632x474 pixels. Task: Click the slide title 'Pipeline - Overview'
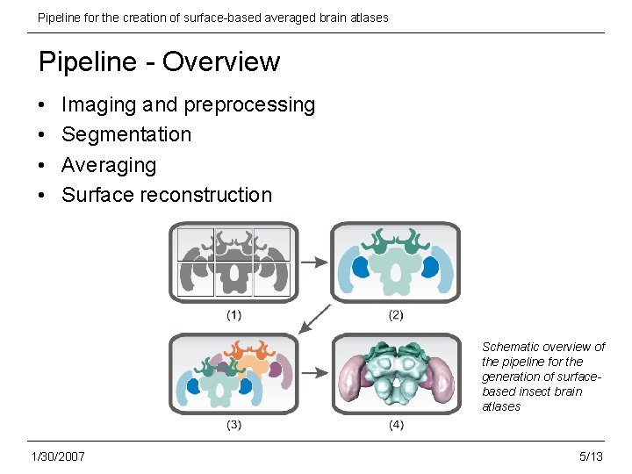coord(159,62)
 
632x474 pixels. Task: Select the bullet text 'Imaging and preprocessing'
coord(188,105)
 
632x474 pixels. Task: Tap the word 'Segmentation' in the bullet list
coord(126,134)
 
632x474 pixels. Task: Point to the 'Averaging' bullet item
coord(109,165)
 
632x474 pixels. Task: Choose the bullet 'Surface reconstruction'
coord(167,195)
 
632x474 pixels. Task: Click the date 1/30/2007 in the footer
coord(58,456)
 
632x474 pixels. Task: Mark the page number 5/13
coord(591,456)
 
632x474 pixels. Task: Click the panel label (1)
coord(234,314)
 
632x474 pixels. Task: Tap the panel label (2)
coord(395,314)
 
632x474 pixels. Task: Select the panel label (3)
coord(234,425)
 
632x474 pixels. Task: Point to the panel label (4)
coord(395,425)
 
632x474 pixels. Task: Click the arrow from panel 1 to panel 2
coord(313,262)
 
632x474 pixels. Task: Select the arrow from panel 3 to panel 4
coord(313,374)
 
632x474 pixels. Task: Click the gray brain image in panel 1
coord(233,262)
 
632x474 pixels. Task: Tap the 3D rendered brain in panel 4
coord(395,373)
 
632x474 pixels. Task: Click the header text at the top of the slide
coord(212,18)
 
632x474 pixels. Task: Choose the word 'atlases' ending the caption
coord(501,406)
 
